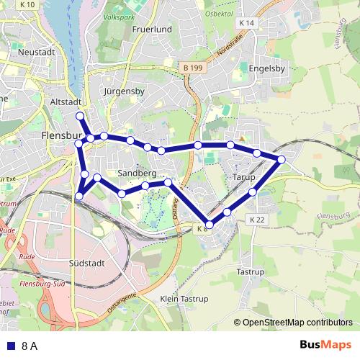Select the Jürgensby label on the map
[125, 91]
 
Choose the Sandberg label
[136, 174]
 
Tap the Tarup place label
[244, 176]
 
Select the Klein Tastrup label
[179, 298]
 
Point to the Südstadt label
[87, 263]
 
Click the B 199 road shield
[191, 67]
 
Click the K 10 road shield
[28, 4]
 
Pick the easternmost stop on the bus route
[282, 159]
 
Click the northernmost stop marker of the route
[79, 115]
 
